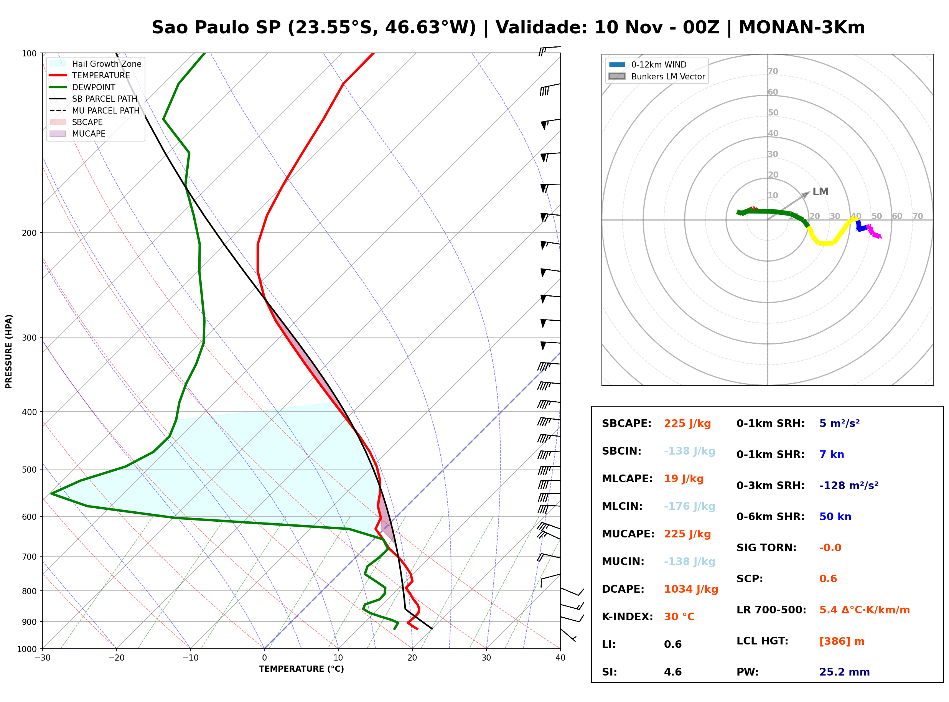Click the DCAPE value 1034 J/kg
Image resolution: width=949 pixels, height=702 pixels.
(691, 589)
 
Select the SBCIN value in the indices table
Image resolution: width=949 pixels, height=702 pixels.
(689, 451)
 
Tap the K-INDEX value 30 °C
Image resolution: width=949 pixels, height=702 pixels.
(679, 616)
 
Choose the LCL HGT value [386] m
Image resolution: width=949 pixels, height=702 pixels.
(842, 641)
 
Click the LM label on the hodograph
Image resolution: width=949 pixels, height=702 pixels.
(820, 192)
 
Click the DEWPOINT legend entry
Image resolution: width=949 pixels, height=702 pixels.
(82, 87)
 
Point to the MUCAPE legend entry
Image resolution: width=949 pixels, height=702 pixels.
(77, 133)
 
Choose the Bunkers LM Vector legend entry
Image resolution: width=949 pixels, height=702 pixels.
(657, 76)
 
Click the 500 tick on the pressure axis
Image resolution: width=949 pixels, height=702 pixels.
(29, 470)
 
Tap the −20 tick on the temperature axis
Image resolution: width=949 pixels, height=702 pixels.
(116, 658)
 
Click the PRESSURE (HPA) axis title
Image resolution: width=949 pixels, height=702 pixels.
(9, 351)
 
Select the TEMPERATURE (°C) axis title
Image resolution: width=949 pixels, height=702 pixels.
(302, 669)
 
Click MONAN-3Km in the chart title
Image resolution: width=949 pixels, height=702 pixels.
(802, 28)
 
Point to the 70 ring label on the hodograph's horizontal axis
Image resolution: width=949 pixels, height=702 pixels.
(918, 216)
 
